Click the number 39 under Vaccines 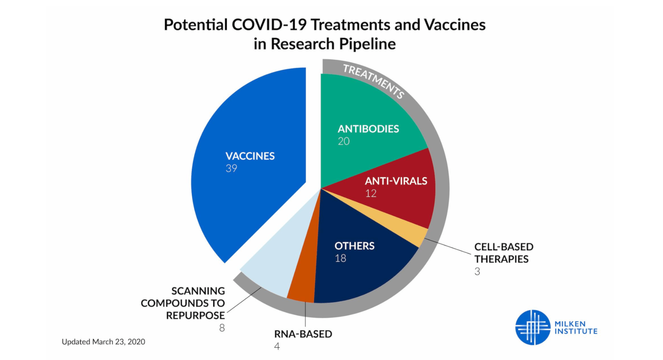click(x=231, y=169)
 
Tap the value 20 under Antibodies click(x=343, y=141)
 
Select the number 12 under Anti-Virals click(x=370, y=193)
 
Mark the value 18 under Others click(x=340, y=258)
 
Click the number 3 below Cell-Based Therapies click(x=477, y=272)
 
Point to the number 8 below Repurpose click(x=222, y=328)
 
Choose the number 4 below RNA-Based click(x=277, y=346)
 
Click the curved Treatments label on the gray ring click(x=373, y=81)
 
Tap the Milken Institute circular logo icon click(x=533, y=327)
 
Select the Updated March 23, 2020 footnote click(x=103, y=342)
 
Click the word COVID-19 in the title click(x=269, y=25)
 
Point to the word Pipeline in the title click(x=367, y=44)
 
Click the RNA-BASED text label click(x=303, y=334)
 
